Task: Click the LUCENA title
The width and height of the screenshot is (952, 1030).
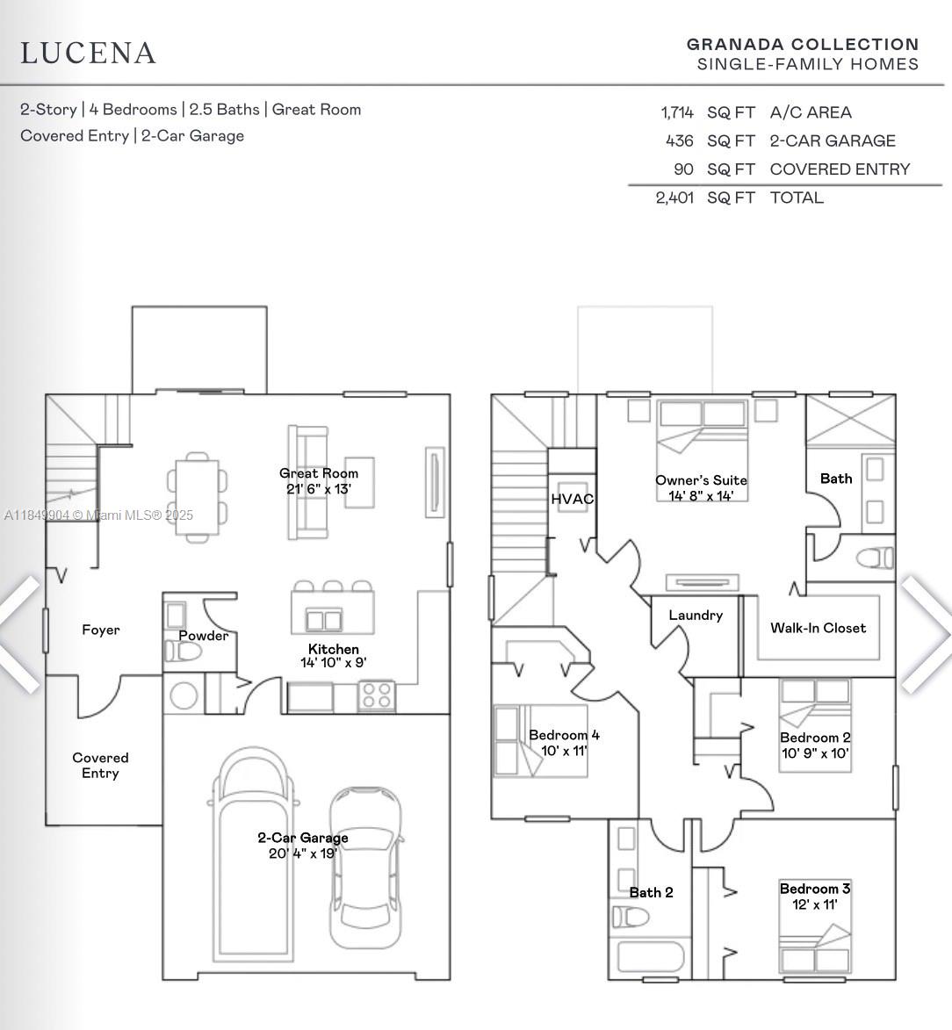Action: click(x=88, y=54)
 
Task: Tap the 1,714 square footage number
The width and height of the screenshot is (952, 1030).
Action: click(x=677, y=113)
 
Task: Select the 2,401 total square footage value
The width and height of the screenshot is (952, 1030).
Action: click(x=674, y=198)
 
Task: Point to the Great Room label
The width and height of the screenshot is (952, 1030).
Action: click(x=319, y=473)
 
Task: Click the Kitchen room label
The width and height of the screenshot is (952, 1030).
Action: click(x=334, y=649)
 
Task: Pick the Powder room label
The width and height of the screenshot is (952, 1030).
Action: click(x=204, y=635)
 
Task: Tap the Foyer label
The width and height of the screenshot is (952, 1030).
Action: click(x=101, y=630)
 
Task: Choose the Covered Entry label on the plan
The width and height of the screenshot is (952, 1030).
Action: click(x=100, y=766)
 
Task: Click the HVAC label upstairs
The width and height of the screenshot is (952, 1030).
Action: click(x=573, y=500)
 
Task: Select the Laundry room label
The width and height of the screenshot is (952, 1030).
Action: click(x=696, y=616)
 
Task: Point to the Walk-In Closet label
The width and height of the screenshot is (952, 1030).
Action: click(x=818, y=628)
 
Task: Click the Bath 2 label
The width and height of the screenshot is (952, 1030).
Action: click(x=651, y=892)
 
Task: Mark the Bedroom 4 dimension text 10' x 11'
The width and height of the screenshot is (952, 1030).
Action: click(x=564, y=751)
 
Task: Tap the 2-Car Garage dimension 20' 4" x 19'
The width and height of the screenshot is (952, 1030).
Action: click(x=303, y=854)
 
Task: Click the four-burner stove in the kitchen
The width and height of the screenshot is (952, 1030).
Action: click(x=377, y=696)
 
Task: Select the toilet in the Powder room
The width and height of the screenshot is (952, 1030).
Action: click(x=184, y=652)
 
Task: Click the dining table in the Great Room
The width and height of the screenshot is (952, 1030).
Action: click(x=197, y=497)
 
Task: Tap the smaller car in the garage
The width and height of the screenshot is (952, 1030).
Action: click(x=365, y=867)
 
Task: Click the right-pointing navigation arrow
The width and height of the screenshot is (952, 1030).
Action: click(x=927, y=635)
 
